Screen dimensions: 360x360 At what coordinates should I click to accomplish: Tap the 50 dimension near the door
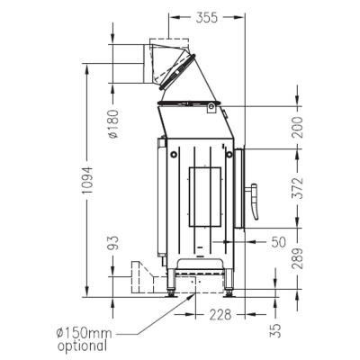[x=277, y=242]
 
